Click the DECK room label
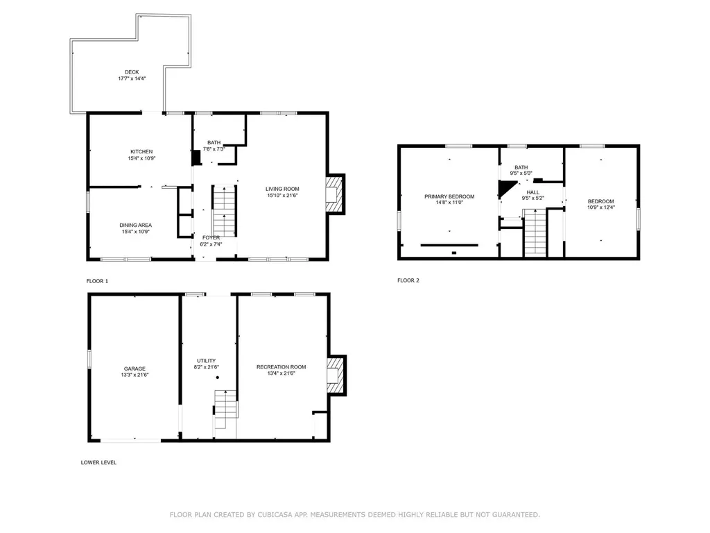click(132, 72)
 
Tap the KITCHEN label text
click(141, 152)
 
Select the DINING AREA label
click(135, 226)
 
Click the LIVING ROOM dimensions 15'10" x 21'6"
click(282, 195)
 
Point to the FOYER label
click(211, 237)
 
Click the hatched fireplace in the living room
click(334, 194)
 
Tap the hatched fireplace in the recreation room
click(336, 375)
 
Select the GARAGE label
click(135, 369)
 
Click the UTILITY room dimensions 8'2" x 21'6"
click(207, 367)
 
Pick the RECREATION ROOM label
click(282, 367)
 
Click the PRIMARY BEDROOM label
click(449, 196)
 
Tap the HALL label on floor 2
click(533, 193)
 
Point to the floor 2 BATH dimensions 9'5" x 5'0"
click(521, 173)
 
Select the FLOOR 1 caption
click(97, 281)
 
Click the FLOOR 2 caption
click(408, 280)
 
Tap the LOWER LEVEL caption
click(98, 462)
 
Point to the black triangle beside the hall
click(505, 187)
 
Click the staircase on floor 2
click(535, 233)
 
